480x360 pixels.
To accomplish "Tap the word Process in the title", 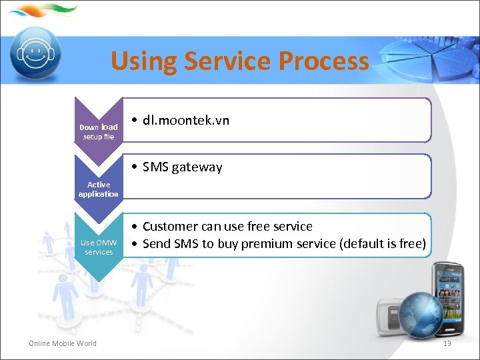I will (x=323, y=61).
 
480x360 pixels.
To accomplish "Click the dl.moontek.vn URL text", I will (x=185, y=120).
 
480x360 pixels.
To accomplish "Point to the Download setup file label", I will (x=99, y=131).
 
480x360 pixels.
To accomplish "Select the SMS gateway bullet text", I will (x=182, y=167).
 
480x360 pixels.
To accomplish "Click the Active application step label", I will (x=99, y=189).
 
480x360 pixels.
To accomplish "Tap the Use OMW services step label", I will (x=99, y=247).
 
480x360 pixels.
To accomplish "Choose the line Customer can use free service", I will (x=227, y=226).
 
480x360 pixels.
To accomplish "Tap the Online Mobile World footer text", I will (x=63, y=343).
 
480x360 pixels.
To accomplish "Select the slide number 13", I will (x=447, y=343).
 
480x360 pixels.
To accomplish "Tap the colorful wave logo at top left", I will (x=43, y=10).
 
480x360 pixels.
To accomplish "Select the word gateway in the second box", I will (x=197, y=167).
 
